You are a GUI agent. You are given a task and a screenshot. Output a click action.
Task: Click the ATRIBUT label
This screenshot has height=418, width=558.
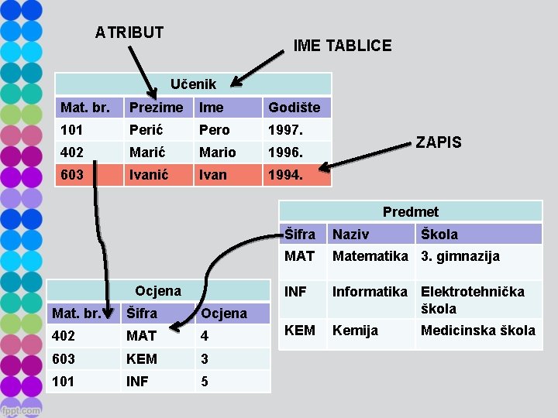click(129, 33)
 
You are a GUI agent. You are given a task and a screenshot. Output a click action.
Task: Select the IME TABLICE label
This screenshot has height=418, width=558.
click(342, 46)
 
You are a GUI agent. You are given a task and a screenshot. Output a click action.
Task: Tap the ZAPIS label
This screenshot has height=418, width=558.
click(439, 142)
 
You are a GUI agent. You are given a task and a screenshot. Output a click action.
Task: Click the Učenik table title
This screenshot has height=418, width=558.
click(193, 84)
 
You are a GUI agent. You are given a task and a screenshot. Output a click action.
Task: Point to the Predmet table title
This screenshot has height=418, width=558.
click(410, 211)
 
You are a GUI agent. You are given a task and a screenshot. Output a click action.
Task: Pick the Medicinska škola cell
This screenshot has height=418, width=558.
click(477, 331)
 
